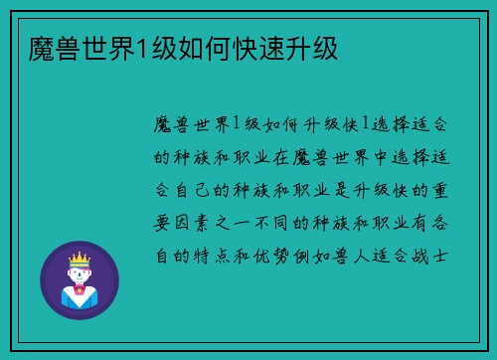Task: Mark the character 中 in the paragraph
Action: pos(368,157)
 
